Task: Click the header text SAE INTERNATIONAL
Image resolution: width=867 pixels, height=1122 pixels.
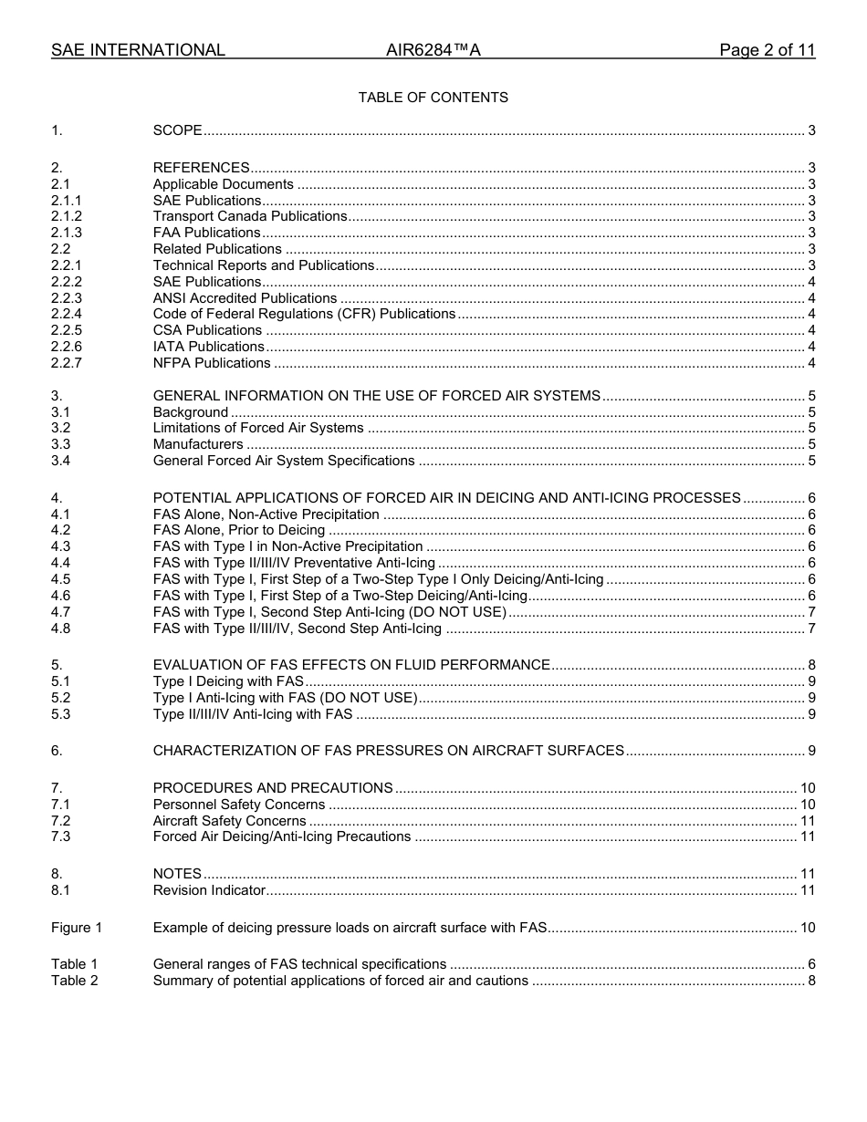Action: tap(138, 50)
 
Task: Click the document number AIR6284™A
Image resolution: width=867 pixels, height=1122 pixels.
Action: tap(433, 50)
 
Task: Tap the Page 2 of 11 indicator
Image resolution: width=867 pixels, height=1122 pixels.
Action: tap(767, 50)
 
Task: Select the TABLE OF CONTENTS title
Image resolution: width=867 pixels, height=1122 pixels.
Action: tap(433, 98)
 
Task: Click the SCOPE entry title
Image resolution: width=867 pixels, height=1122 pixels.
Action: tap(177, 130)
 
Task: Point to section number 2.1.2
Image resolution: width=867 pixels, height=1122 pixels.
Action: tap(67, 216)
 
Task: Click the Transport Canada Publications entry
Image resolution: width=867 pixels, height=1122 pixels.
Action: tap(250, 216)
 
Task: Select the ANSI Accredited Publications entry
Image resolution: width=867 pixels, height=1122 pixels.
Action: tap(245, 298)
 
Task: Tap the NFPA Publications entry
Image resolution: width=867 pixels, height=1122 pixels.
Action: tap(212, 363)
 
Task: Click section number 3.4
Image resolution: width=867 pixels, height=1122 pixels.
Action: tap(61, 461)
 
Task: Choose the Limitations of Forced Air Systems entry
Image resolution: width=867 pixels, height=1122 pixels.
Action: tap(258, 428)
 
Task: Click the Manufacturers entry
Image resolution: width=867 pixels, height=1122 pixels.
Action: tap(198, 444)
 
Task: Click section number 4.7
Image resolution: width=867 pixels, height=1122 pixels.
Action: tap(61, 611)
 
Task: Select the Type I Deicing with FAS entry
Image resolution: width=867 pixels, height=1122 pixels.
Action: tap(228, 681)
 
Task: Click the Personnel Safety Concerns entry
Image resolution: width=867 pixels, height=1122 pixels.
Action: tap(239, 805)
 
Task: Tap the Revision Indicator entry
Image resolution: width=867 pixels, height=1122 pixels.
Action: tap(209, 890)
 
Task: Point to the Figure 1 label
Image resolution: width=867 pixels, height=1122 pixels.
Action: tap(77, 928)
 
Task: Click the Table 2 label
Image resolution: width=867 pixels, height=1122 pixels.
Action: tap(74, 981)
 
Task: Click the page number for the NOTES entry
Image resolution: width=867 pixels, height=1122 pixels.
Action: tap(807, 874)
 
